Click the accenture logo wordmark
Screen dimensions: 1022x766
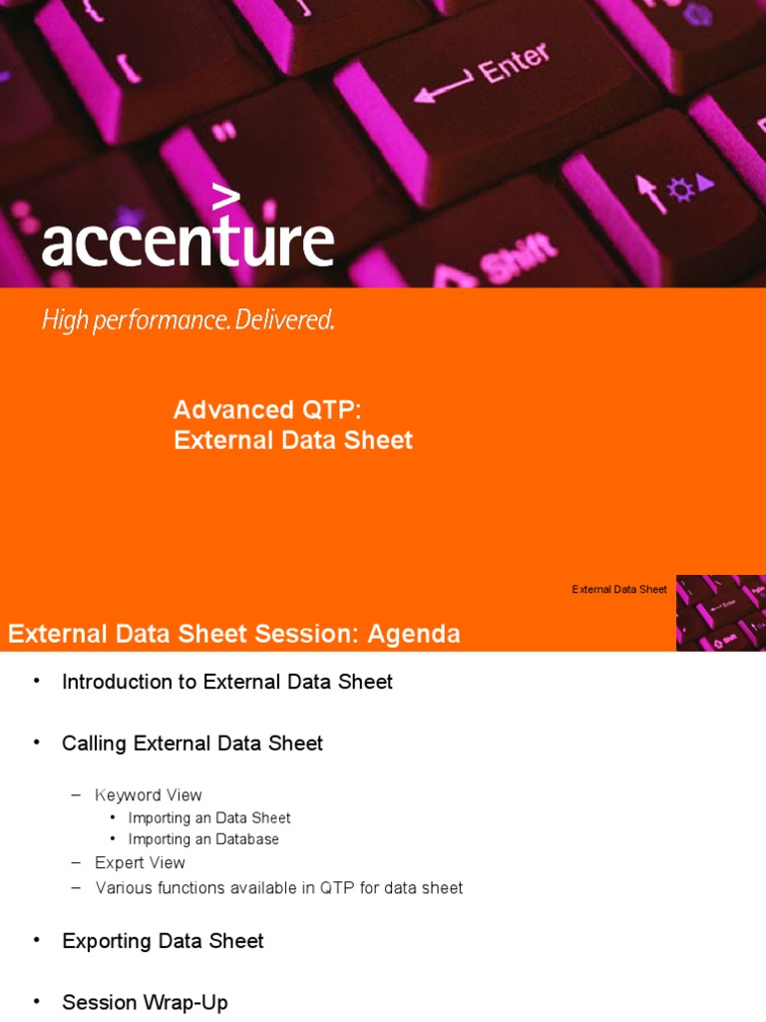coord(188,242)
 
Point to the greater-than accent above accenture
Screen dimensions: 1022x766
coord(226,197)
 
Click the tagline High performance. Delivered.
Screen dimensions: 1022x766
coord(188,320)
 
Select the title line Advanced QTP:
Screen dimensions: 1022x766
coord(266,409)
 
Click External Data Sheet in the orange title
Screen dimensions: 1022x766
coord(293,440)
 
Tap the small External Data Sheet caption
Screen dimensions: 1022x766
coord(619,590)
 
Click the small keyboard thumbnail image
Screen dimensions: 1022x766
coord(720,612)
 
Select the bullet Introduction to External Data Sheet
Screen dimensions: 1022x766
coord(227,682)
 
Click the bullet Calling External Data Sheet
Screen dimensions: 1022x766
coord(192,744)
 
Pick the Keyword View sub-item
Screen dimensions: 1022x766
coord(149,795)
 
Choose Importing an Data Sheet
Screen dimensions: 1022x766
coord(209,818)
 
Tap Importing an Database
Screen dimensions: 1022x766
coord(203,839)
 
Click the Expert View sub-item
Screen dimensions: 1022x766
coord(140,862)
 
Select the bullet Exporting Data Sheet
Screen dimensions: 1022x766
coord(163,941)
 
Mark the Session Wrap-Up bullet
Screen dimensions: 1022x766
coord(145,1002)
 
